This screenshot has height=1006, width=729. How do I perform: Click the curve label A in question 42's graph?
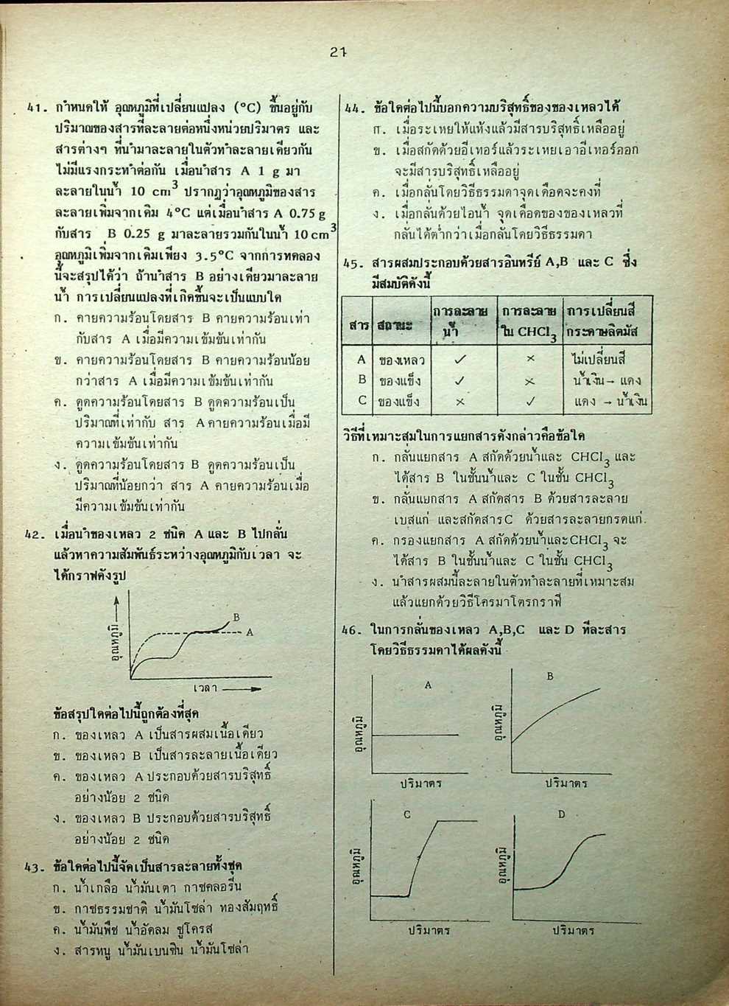249,632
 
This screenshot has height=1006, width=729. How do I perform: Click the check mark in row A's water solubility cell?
459,360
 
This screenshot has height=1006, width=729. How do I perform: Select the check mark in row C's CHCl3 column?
529,402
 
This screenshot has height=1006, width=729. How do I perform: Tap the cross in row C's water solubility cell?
459,402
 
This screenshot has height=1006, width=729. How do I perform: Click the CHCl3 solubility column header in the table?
529,321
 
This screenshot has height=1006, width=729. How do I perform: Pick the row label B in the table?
362,380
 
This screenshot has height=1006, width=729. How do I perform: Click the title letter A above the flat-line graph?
428,685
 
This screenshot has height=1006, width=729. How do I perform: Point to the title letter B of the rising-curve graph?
549,675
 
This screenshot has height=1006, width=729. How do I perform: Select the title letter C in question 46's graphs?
407,815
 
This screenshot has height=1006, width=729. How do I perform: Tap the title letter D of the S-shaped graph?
561,814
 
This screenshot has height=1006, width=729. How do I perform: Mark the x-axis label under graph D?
574,931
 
